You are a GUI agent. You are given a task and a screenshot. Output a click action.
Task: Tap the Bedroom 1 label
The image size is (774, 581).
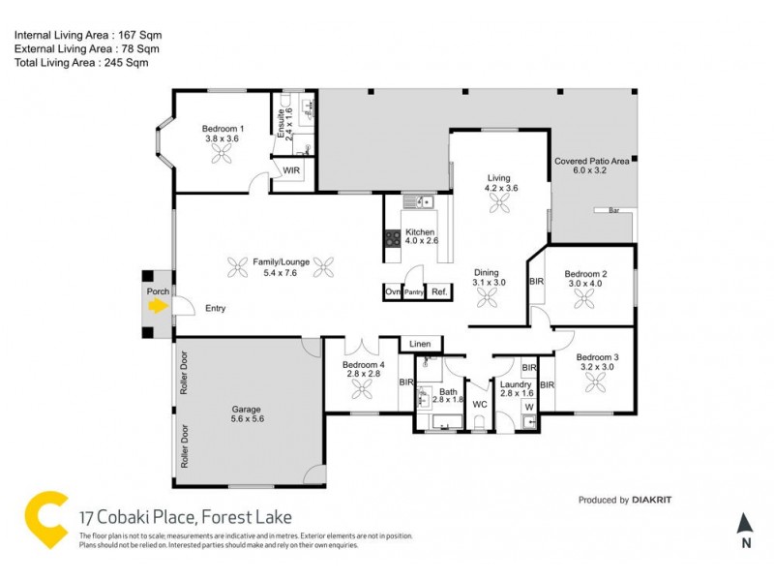coord(223,129)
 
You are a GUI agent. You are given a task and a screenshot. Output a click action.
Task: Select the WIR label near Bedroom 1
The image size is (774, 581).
coord(291,170)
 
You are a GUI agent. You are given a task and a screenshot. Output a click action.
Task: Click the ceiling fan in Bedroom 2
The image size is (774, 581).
coord(585,300)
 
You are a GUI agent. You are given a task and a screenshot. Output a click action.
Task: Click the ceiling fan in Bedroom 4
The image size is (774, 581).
coord(361,388)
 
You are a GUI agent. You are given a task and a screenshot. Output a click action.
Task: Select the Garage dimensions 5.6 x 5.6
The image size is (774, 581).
coord(247,419)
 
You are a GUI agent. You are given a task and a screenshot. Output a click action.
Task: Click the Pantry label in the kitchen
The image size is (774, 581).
coord(414,291)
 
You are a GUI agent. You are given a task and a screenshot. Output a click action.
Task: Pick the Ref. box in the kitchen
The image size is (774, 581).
coord(439,291)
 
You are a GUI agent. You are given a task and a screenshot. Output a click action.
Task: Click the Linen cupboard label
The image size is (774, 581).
coord(419,344)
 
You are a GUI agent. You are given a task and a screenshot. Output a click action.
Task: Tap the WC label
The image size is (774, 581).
coord(479,405)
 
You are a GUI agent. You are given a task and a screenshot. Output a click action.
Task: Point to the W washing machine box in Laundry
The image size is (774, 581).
coord(527,407)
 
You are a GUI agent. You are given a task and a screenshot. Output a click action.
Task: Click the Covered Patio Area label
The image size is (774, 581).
coord(591,161)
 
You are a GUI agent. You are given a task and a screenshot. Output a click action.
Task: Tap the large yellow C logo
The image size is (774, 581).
coord(45,521)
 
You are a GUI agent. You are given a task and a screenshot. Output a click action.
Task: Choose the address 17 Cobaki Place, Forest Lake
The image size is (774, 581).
coord(185,517)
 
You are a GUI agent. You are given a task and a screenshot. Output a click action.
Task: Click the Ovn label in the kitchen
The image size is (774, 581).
coord(392,291)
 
